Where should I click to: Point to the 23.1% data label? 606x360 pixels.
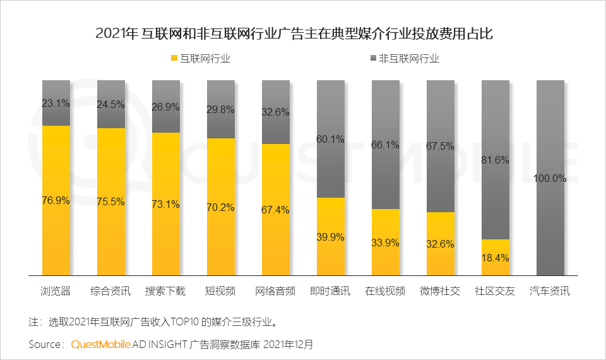coord(56,103)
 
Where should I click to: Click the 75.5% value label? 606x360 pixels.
coord(111,202)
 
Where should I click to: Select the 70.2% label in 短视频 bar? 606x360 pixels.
coord(221,206)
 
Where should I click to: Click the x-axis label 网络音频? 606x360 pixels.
coord(275,291)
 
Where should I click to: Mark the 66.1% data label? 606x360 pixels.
coord(385,145)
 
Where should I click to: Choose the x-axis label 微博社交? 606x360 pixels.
coord(440,291)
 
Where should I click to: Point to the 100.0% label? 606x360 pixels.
coord(550,178)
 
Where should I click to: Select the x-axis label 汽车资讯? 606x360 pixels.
coord(550,291)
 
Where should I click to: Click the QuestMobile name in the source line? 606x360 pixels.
coord(100,345)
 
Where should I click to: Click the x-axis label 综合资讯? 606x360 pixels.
coord(111,291)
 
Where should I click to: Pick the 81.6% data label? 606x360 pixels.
coord(495,160)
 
